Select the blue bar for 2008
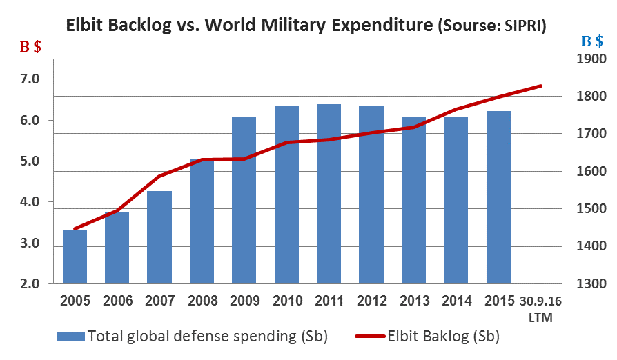202,221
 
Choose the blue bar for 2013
414,200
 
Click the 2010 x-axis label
287,301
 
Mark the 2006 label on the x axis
117,301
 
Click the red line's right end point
542,86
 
